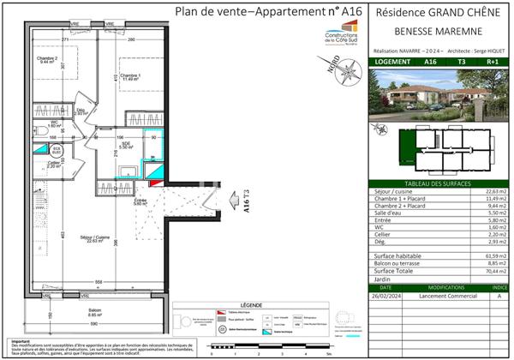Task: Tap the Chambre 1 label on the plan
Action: pos(129,75)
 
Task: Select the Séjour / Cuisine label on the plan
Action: pos(82,238)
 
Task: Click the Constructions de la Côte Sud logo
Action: pos(342,39)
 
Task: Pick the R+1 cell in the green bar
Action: pos(492,63)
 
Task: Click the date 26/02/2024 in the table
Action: pos(386,296)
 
